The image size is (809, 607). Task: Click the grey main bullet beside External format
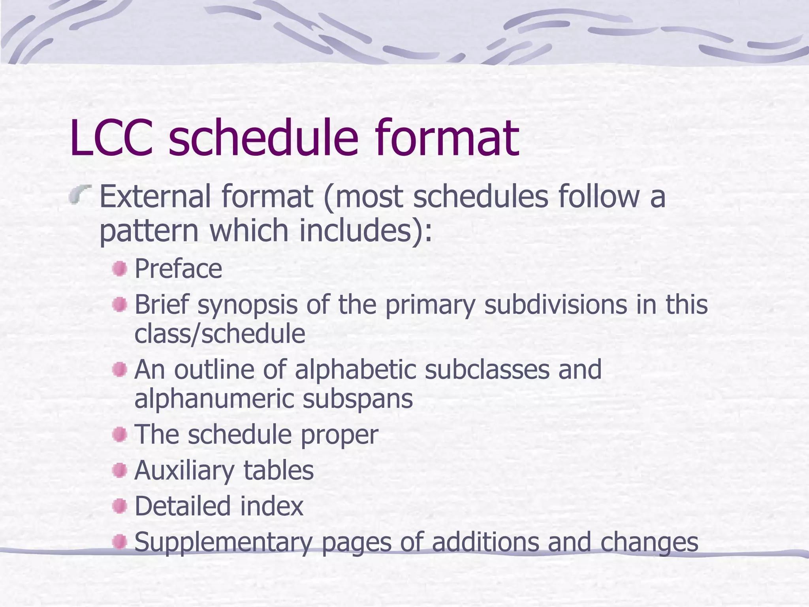point(80,195)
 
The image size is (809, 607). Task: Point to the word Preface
point(178,269)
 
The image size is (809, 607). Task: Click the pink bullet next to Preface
point(119,269)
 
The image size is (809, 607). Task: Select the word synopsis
point(247,305)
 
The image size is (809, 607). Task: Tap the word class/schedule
point(220,334)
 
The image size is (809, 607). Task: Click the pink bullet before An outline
point(119,370)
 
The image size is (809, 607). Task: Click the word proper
point(339,435)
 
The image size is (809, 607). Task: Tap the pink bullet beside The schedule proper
point(119,435)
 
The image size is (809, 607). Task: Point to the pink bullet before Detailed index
point(119,506)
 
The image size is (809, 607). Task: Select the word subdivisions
point(555,305)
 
